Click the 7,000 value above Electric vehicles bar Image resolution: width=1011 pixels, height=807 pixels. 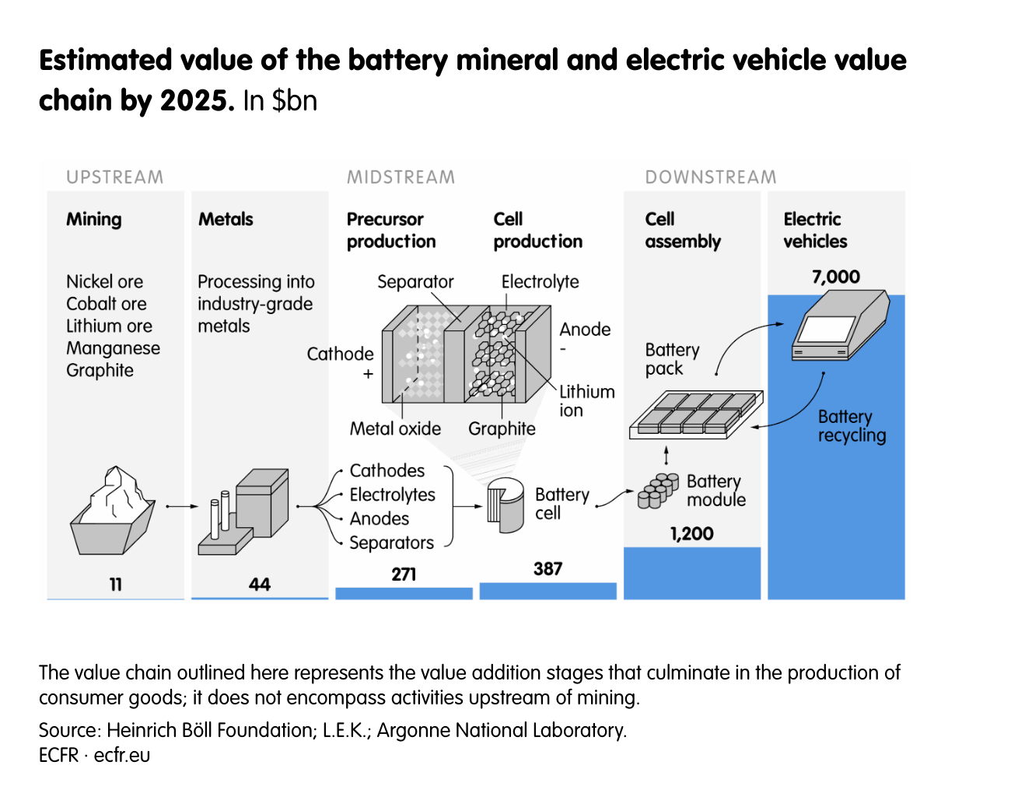click(835, 277)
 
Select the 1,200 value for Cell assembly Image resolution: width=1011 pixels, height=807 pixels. click(691, 533)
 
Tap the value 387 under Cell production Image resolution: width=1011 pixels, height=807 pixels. click(547, 568)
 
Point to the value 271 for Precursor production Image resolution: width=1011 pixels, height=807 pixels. click(404, 574)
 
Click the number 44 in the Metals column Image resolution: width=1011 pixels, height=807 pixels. click(260, 584)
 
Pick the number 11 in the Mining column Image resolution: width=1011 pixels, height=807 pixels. click(115, 584)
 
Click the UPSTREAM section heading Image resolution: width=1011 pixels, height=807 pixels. click(114, 177)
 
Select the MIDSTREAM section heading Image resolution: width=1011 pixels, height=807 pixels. click(401, 177)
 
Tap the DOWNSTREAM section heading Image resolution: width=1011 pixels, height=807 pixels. click(710, 177)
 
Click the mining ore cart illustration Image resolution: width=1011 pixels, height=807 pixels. click(114, 512)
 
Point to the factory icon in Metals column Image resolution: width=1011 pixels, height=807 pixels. click(244, 512)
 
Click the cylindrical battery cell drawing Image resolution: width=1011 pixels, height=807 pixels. click(505, 506)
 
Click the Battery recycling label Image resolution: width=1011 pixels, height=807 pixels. click(851, 425)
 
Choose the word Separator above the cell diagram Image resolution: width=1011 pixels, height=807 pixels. click(415, 281)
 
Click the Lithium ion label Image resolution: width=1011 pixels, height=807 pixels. click(586, 400)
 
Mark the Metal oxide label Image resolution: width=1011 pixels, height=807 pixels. click(395, 428)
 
